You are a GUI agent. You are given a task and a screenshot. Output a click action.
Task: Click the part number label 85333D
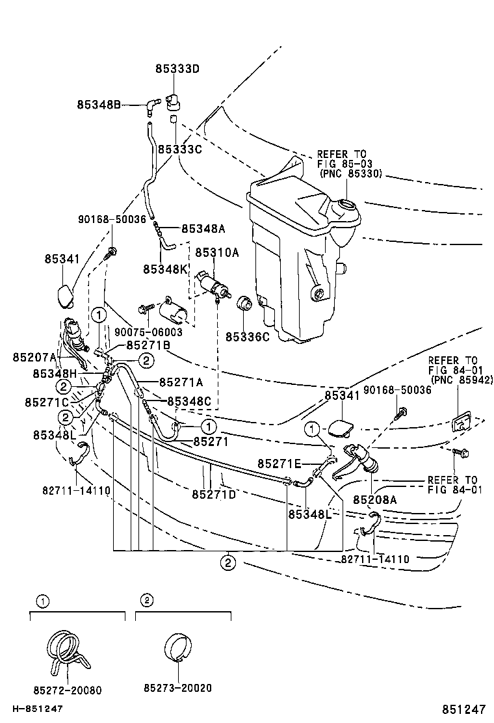[177, 69]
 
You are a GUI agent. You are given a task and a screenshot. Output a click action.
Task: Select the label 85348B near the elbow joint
[99, 104]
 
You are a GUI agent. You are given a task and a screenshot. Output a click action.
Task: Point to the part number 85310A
[217, 252]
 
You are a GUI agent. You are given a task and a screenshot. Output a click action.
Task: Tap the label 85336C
[247, 337]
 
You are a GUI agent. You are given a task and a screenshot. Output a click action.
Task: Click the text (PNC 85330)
[350, 174]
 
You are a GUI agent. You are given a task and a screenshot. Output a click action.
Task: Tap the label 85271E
[279, 464]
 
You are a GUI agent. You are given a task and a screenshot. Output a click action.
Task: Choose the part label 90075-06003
[148, 332]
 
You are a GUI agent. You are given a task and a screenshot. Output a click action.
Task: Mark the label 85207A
[34, 357]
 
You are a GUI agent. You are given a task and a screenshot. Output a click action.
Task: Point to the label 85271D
[214, 495]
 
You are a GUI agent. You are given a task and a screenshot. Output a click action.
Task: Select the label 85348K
[165, 269]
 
